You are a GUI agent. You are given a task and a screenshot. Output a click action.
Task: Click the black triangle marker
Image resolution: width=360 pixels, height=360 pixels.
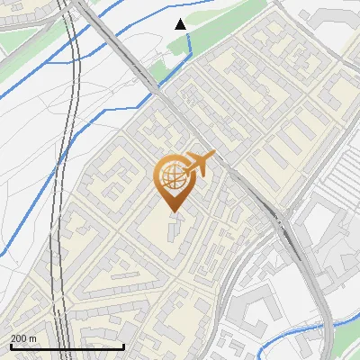tap(181, 23)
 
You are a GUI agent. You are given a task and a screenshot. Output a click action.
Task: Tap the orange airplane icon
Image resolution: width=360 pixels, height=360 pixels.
tap(199, 164)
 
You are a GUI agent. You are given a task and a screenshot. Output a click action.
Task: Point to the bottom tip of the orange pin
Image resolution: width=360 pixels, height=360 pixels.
tap(173, 212)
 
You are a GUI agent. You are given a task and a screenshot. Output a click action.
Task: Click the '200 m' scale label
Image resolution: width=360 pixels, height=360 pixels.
tap(23, 337)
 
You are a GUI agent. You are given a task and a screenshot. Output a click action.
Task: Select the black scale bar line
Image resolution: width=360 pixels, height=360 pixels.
tap(67, 346)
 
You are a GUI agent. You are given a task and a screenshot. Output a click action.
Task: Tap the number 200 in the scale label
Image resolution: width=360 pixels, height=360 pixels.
tap(19, 337)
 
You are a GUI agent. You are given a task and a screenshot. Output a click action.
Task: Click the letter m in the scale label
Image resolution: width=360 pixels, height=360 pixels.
tap(32, 337)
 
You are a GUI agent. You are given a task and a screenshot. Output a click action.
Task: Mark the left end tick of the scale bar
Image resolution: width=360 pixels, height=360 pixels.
tap(11, 345)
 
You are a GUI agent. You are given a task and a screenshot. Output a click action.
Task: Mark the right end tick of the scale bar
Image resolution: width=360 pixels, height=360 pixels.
tap(124, 345)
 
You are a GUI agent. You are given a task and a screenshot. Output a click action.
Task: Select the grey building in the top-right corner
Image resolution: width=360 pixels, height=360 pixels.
tap(342, 18)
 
